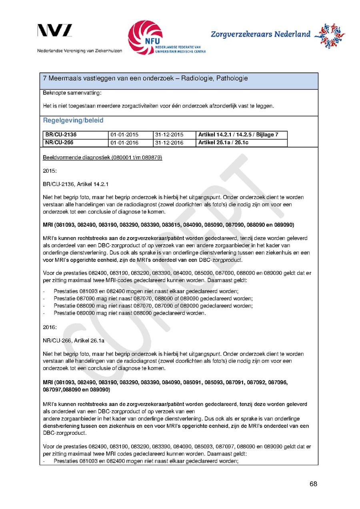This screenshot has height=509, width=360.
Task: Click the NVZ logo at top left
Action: click(55, 31)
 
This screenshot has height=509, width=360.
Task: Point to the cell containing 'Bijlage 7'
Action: click(242, 135)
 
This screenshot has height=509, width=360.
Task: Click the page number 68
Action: click(313, 484)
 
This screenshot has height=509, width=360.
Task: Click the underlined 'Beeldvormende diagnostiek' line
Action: click(102, 158)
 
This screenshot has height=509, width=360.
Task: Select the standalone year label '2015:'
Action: click(50, 171)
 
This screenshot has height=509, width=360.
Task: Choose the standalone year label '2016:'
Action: click(50, 327)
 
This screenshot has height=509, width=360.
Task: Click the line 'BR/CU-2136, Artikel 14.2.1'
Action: click(76, 184)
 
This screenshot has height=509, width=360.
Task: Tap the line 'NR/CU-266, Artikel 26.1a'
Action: click(74, 341)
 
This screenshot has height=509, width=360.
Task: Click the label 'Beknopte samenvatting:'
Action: click(66, 93)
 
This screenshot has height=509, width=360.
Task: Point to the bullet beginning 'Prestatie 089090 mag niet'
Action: click(130, 313)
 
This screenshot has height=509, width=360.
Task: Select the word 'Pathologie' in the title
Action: click(232, 79)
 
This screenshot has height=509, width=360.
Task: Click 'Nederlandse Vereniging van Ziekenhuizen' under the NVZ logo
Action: click(79, 51)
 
